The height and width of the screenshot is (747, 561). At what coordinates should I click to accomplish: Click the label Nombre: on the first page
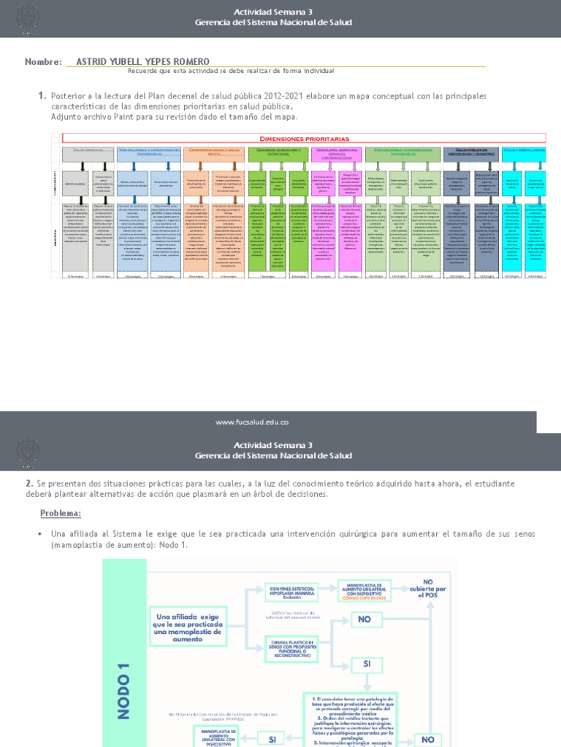(43, 62)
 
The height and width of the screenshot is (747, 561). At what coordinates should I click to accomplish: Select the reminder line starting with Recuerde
(231, 71)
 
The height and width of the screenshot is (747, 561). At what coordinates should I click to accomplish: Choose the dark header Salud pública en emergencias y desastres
(471, 151)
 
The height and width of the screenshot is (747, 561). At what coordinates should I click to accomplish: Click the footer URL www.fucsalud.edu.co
(253, 422)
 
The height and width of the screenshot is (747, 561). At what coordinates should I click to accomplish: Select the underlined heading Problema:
(61, 514)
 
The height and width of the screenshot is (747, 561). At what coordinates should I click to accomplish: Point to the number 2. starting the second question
(29, 484)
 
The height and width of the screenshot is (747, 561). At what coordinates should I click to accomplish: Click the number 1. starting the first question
(42, 96)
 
